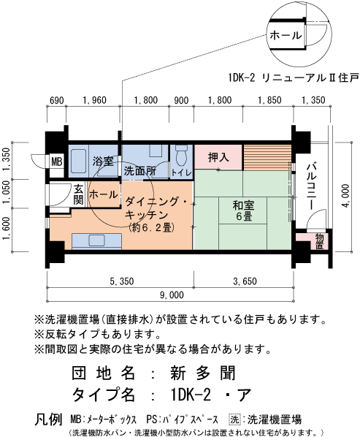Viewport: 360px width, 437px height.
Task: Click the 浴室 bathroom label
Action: (x=103, y=161)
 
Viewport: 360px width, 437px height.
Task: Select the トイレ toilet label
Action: (x=181, y=172)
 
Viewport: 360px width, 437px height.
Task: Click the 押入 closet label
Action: (x=218, y=157)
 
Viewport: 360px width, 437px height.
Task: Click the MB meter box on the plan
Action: (x=57, y=161)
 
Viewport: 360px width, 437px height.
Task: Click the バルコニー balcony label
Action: (x=312, y=186)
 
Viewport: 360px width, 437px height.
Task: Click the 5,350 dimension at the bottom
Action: (x=120, y=280)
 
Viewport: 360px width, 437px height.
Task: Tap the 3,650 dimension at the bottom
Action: (x=245, y=280)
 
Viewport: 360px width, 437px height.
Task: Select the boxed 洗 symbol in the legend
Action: (x=234, y=419)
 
